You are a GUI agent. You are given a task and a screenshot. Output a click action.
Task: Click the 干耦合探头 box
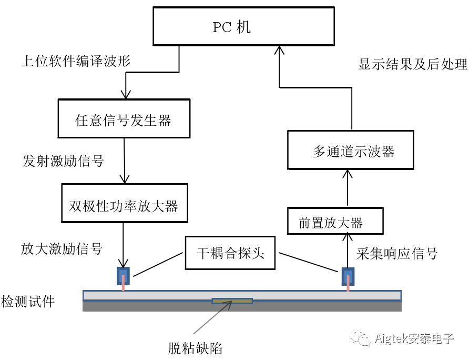[x=231, y=253]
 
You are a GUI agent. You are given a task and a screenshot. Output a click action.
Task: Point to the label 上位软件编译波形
[x=76, y=62]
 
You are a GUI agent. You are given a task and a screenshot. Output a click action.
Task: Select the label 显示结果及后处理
[x=413, y=65]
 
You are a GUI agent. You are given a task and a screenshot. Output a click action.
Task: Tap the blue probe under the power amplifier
[x=123, y=276]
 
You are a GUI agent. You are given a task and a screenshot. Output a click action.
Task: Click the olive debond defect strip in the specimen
[x=232, y=301]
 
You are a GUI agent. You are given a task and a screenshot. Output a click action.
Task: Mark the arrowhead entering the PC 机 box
[x=279, y=51]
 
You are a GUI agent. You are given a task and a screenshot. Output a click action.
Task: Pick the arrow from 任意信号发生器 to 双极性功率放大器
[x=125, y=161]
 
